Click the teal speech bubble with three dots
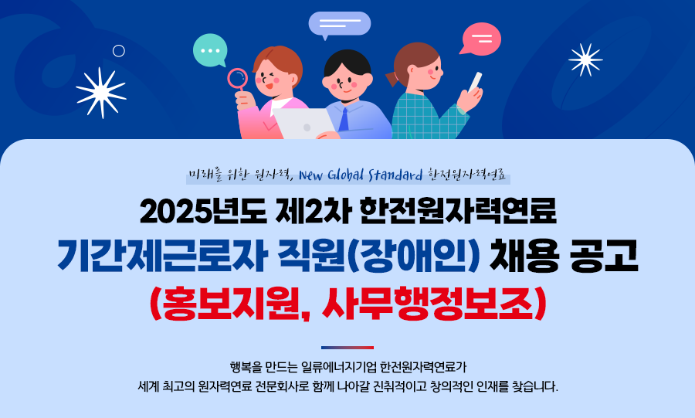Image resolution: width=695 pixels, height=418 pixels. point(210,50)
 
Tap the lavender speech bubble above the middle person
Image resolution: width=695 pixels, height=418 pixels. point(340,24)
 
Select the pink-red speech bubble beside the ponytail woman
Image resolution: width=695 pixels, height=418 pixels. point(481,39)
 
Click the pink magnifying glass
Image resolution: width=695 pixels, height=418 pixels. point(238,80)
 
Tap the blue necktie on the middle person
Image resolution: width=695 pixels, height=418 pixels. point(344,119)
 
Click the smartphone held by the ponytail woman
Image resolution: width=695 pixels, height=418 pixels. point(475,82)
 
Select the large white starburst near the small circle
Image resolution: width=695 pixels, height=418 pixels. point(101,93)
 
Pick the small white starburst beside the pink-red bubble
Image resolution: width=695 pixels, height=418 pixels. point(585,59)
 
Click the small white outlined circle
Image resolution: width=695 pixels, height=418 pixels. point(119,51)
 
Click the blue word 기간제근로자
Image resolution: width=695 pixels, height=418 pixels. point(162,255)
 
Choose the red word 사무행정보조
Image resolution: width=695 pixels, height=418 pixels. point(427,304)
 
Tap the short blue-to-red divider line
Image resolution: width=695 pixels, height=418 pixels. point(347,348)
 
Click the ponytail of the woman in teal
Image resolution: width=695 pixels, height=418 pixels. point(393,78)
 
